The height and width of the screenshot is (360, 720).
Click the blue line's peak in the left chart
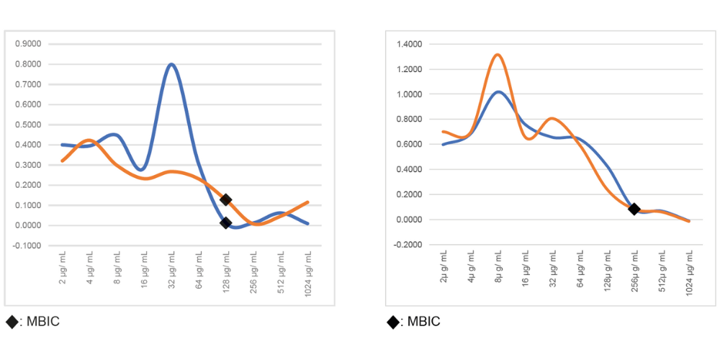(x=171, y=64)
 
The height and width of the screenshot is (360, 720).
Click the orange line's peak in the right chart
(x=498, y=55)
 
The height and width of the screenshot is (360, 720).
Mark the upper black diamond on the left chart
(x=225, y=199)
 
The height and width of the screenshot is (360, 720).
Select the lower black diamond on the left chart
(x=225, y=223)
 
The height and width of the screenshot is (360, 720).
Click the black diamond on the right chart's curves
(x=634, y=209)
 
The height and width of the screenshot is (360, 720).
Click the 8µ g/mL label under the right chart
(x=498, y=269)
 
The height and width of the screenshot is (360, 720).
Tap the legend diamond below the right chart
(x=392, y=321)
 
